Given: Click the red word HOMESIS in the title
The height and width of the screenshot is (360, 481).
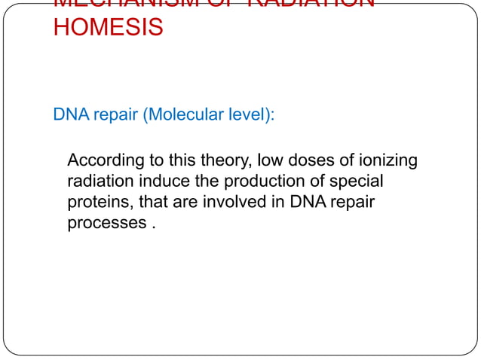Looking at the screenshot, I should click(108, 29).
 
